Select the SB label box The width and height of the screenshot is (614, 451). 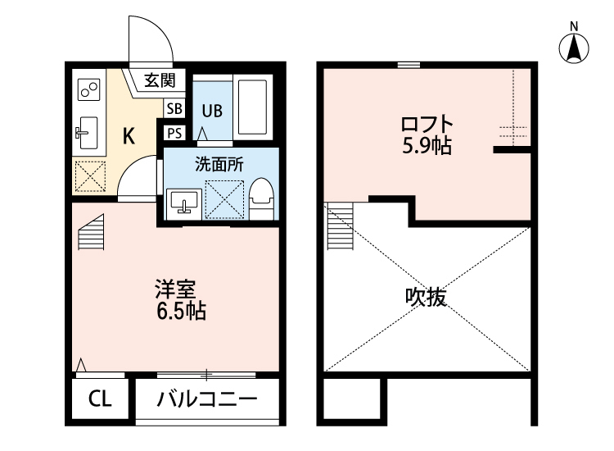(x=174, y=108)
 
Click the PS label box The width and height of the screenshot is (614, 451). (x=174, y=133)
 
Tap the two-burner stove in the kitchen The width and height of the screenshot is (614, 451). (x=88, y=87)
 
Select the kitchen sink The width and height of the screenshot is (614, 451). (x=87, y=130)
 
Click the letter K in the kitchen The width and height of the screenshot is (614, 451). (x=129, y=136)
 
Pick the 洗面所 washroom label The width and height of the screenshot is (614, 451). (x=219, y=163)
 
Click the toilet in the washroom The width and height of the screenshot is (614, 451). (x=260, y=197)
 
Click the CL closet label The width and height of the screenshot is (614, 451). (x=98, y=400)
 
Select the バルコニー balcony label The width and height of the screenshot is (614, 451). (x=207, y=400)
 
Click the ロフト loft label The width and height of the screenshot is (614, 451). (x=427, y=125)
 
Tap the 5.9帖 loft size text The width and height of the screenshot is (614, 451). (x=427, y=148)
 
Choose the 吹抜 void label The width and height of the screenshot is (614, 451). (x=426, y=298)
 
